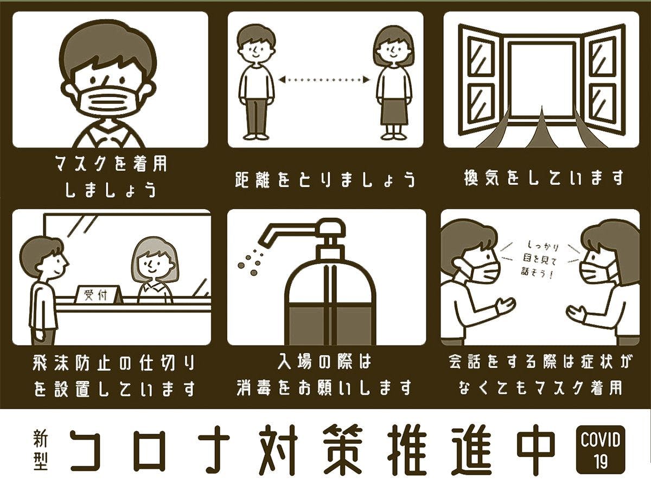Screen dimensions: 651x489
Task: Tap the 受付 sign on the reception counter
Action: coord(97,295)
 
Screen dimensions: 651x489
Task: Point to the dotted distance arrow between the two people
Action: coord(324,79)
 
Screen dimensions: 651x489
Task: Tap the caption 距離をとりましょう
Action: coord(325,179)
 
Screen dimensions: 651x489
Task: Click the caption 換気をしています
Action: coord(544,178)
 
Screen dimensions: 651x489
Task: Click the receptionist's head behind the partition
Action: coord(155,260)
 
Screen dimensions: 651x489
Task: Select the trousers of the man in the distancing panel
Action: coord(256,117)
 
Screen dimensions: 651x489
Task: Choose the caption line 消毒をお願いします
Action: coord(324,387)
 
